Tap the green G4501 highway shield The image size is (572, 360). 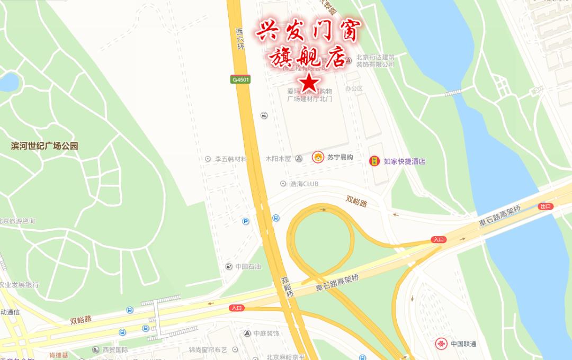click(x=240, y=79)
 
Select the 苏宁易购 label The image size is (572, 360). click(x=340, y=157)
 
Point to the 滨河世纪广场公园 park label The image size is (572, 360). click(x=44, y=146)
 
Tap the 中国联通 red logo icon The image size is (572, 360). click(x=441, y=344)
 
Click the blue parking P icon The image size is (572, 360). click(x=245, y=221)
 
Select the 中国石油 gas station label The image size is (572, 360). click(x=248, y=266)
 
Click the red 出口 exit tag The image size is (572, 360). click(x=545, y=206)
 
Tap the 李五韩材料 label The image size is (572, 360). click(x=230, y=159)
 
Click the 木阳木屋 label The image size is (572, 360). click(x=278, y=158)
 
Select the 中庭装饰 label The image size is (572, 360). click(x=266, y=334)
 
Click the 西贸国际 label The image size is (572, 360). click(x=115, y=350)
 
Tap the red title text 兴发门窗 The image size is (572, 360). click(x=302, y=32)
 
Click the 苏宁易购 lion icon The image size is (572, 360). click(x=318, y=157)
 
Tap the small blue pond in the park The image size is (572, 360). click(x=7, y=82)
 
